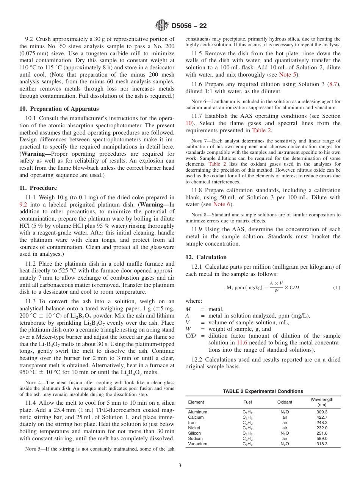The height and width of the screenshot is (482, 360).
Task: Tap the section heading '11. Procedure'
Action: tap(38, 188)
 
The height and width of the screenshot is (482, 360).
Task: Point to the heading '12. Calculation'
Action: tap(206, 257)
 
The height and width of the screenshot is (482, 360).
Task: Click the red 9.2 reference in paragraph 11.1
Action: tap(23, 204)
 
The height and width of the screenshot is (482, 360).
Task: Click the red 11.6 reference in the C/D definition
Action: tap(242, 343)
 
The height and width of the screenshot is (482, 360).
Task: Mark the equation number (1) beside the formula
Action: tap(337, 288)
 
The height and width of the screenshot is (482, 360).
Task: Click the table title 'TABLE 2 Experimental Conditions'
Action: tap(263, 391)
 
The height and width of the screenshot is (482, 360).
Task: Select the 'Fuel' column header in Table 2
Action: tap(247, 402)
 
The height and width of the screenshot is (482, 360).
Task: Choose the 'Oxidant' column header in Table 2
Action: tap(285, 402)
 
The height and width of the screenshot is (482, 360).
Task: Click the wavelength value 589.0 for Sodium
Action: tap(322, 438)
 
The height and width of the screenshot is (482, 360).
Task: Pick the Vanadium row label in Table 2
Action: tap(197, 444)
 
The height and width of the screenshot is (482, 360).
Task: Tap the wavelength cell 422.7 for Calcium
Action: tap(322, 417)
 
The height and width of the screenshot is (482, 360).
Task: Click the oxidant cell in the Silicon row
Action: tap(285, 433)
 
